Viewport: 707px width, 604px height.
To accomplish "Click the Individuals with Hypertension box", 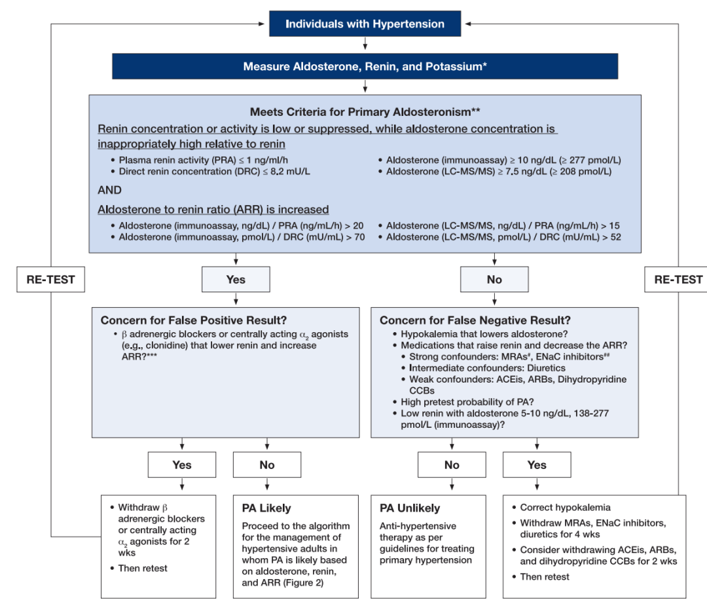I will (x=365, y=24).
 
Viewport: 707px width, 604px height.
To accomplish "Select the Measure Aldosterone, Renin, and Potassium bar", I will (x=365, y=66).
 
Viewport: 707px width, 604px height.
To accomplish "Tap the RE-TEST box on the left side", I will (x=50, y=279).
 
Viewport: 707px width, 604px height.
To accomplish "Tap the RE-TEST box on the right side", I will (x=678, y=279).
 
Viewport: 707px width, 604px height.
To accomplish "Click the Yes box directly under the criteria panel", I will (x=236, y=279).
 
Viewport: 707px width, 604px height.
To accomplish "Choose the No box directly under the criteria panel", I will (x=494, y=279).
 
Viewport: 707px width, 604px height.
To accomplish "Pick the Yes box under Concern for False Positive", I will (x=182, y=464).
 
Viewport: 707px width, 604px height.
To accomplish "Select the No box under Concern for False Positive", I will (x=267, y=464).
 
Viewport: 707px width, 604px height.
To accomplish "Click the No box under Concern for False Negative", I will (x=452, y=464).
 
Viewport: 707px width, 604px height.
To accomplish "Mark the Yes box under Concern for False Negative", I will (x=537, y=464).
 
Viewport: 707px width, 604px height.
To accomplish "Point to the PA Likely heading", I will (x=266, y=508).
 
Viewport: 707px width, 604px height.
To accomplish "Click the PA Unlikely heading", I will (x=410, y=508).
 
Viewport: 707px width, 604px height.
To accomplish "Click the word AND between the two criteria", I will (x=109, y=190).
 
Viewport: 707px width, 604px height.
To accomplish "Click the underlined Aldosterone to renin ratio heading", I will (x=213, y=210).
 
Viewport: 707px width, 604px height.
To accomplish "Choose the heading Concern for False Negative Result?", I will (x=475, y=320).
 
